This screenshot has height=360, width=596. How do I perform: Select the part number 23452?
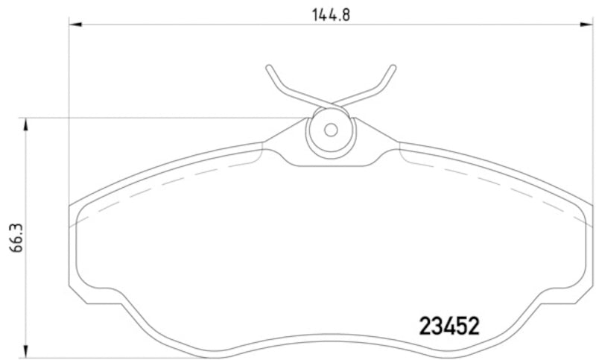tap(448, 326)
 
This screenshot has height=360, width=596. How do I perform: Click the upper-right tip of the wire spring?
tap(393, 68)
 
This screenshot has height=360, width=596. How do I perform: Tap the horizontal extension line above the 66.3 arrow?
tap(149, 118)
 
